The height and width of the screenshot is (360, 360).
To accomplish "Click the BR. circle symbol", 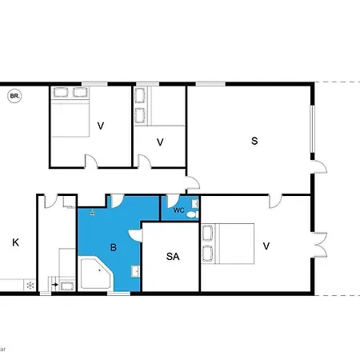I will (14, 97).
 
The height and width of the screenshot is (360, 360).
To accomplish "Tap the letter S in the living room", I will (254, 142).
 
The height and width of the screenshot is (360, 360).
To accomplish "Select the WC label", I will (178, 210).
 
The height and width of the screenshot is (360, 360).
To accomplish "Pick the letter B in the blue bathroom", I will (114, 248).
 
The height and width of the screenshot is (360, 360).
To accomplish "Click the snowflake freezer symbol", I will (30, 284).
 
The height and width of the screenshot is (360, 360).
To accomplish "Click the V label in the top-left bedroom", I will (101, 126).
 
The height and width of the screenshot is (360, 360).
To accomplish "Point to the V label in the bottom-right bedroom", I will (266, 246).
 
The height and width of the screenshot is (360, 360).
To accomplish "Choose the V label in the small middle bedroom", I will (160, 142).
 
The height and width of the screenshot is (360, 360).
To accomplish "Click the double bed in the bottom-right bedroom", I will (229, 243).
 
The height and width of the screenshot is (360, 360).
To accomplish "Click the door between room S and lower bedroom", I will (275, 199).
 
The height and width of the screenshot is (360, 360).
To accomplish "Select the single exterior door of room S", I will (319, 169).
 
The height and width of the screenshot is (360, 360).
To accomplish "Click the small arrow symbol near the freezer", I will (54, 283).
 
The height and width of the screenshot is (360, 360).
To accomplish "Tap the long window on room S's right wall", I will (311, 128).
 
